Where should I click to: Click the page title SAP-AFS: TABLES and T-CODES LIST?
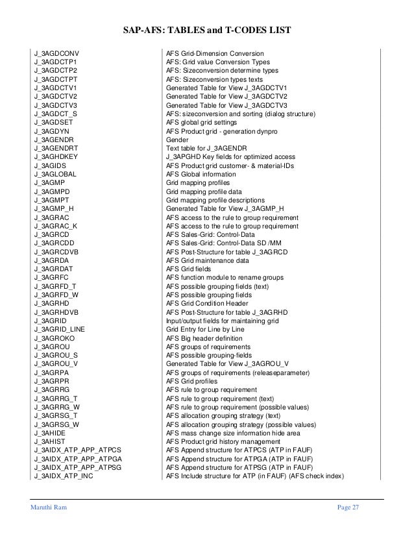207,30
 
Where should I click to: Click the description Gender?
177,140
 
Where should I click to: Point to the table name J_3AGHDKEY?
58,157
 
